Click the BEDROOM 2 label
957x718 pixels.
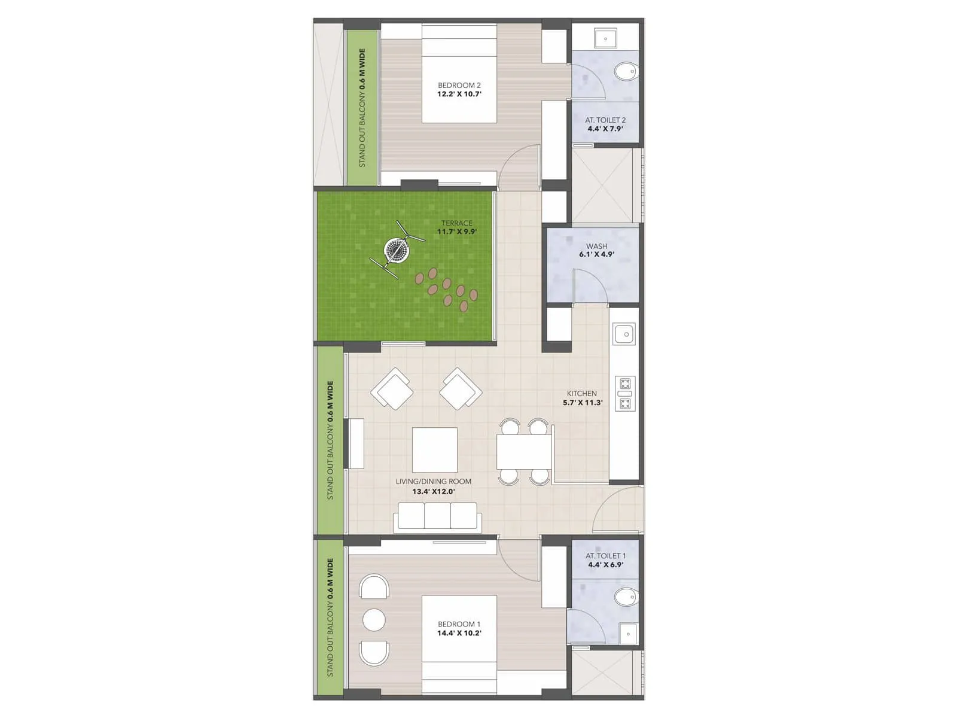(x=459, y=86)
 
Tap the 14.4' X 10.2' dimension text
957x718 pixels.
(x=459, y=633)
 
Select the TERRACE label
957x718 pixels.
(x=457, y=223)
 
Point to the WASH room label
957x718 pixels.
(x=596, y=246)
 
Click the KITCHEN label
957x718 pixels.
(x=581, y=394)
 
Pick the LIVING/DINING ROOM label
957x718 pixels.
(x=433, y=481)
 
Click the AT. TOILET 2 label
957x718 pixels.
(x=605, y=120)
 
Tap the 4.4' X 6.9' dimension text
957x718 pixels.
(x=605, y=564)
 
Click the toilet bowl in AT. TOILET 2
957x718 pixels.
(x=626, y=72)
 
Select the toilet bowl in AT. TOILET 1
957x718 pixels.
(x=626, y=597)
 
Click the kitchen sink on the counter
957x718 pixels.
(x=624, y=334)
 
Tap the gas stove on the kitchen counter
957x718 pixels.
(x=624, y=393)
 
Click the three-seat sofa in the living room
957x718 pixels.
(x=437, y=517)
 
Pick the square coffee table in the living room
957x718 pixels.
(x=435, y=450)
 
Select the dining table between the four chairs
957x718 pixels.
(x=524, y=452)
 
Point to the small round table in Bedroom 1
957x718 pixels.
(x=374, y=620)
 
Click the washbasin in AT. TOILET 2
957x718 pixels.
(x=606, y=39)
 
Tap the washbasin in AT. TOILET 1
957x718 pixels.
(x=629, y=634)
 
